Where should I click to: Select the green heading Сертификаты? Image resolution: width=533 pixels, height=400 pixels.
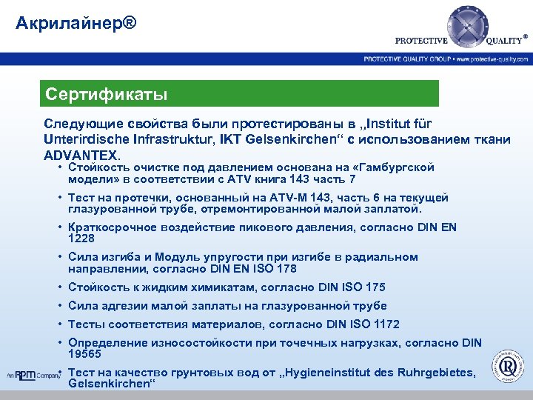point(106,95)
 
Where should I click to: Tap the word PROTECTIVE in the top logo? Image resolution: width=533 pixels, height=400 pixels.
point(421,41)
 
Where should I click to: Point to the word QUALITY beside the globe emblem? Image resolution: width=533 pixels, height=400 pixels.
point(505,41)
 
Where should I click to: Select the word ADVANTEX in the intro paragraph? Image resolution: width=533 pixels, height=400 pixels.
point(79,156)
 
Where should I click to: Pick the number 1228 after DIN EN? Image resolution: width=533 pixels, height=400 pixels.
point(81,239)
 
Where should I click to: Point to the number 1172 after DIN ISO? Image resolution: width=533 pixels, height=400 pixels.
point(385,324)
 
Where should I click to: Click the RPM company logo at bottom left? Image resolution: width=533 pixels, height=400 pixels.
point(33,374)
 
